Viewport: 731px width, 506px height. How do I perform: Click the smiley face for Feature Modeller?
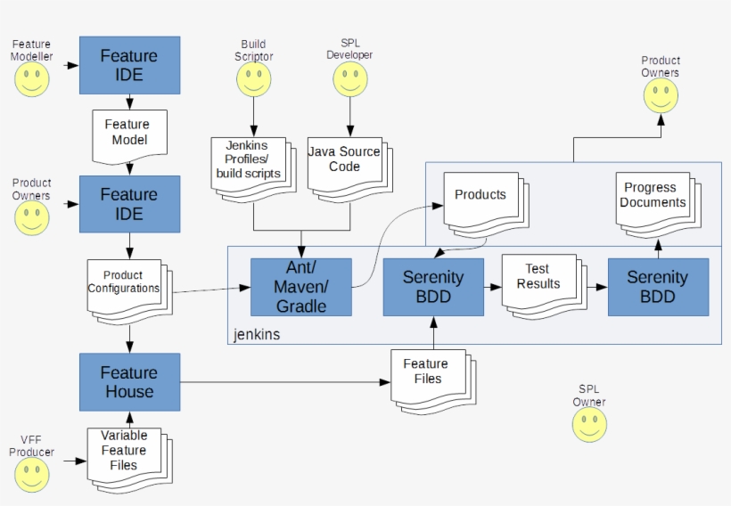click(31, 79)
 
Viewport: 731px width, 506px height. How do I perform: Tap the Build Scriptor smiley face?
click(253, 79)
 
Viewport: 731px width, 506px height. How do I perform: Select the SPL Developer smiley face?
click(349, 79)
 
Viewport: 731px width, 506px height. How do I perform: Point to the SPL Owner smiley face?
click(589, 425)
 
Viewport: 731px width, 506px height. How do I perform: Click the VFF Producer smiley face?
click(31, 474)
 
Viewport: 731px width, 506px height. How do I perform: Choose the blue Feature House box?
click(129, 382)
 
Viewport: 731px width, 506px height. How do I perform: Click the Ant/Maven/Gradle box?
click(300, 287)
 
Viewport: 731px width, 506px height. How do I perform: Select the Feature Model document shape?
click(129, 134)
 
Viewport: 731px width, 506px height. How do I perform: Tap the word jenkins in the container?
click(257, 335)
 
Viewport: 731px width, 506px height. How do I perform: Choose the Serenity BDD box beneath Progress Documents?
click(658, 287)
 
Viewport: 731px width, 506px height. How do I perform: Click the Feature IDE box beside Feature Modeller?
click(129, 65)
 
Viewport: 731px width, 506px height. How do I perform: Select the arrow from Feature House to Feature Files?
click(285, 382)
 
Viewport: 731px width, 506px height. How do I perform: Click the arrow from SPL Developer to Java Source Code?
click(349, 116)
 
